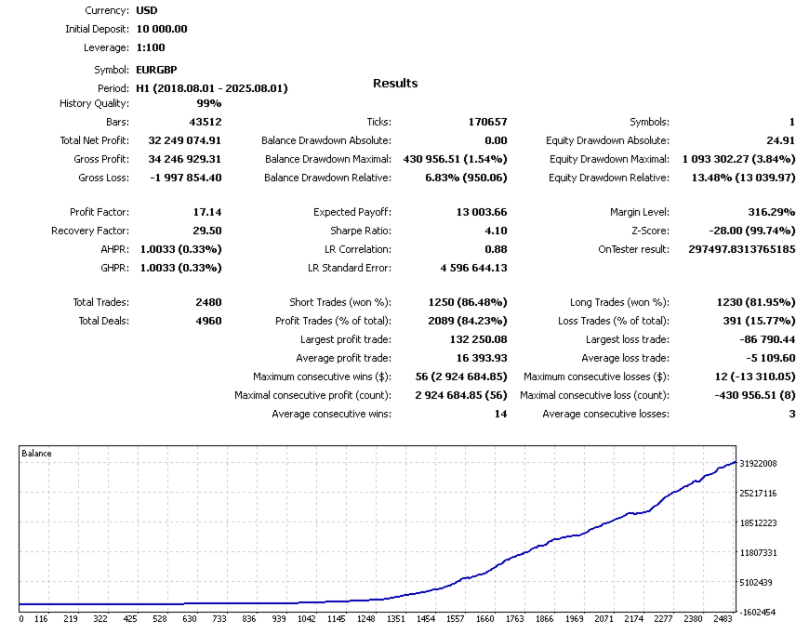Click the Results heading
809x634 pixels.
pyautogui.click(x=395, y=84)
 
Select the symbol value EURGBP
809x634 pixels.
pyautogui.click(x=156, y=70)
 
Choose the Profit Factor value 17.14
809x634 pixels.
pyautogui.click(x=206, y=212)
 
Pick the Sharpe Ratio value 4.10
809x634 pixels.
pyautogui.click(x=496, y=231)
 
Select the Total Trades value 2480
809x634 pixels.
pyautogui.click(x=208, y=302)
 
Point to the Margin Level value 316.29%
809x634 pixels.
pyautogui.click(x=771, y=212)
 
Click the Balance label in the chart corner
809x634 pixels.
pyautogui.click(x=36, y=454)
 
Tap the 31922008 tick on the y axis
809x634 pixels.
pyautogui.click(x=758, y=463)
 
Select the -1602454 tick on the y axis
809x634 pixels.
pyautogui.click(x=758, y=613)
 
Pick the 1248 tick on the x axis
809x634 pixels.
pyautogui.click(x=365, y=618)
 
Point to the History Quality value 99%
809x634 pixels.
pyautogui.click(x=208, y=103)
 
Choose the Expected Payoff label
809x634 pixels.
pyautogui.click(x=351, y=212)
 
